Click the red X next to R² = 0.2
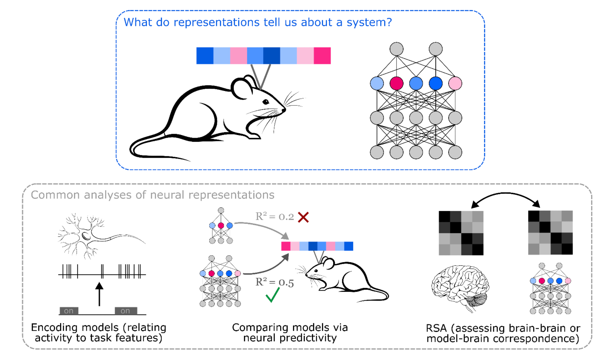303,217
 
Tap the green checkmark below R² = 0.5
272,295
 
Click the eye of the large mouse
266,102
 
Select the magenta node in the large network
396,83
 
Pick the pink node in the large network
455,83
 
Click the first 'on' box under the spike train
69,311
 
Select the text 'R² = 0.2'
275,217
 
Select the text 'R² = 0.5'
275,282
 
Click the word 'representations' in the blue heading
217,22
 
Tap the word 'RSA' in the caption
436,328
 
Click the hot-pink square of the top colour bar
322,56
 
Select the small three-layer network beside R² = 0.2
221,226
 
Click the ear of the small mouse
328,264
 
